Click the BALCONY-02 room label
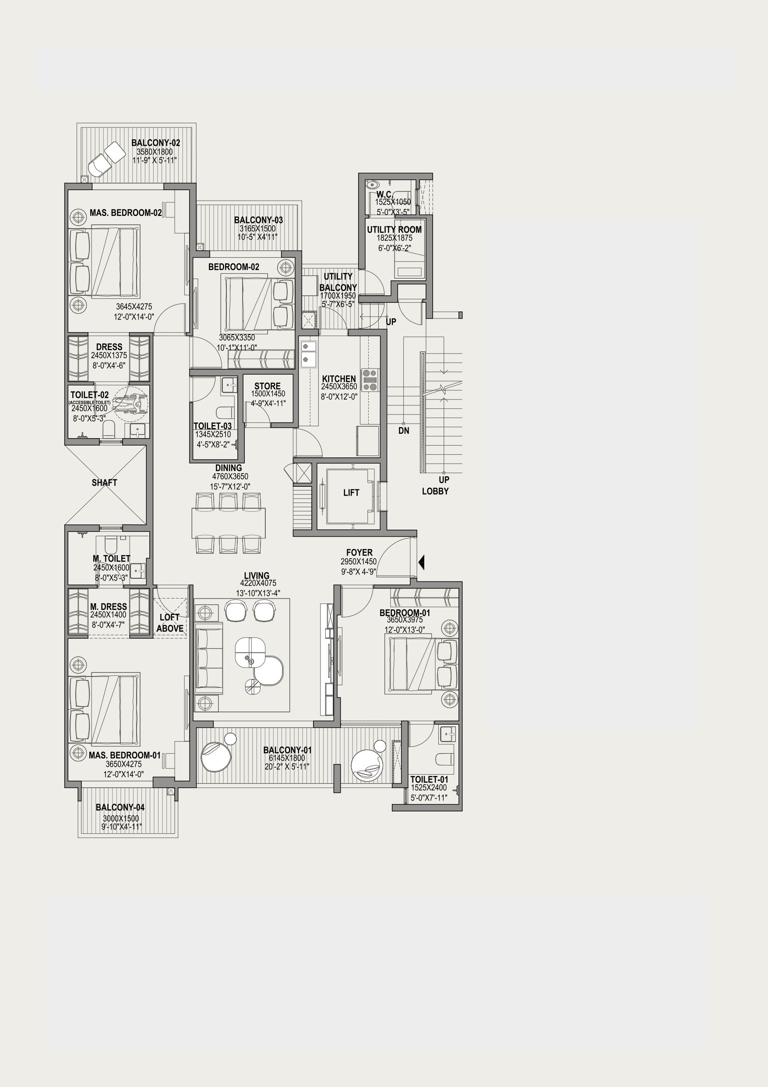tap(156, 142)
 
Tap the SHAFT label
tap(104, 482)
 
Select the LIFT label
tap(351, 493)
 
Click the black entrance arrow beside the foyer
tap(421, 563)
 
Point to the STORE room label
tap(268, 386)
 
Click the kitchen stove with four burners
tap(370, 380)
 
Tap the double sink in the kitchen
tap(309, 354)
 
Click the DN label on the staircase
tap(404, 431)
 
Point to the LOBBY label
tap(435, 492)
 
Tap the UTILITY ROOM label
tap(394, 230)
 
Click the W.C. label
tap(385, 194)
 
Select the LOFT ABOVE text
tap(170, 623)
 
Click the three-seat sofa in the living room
tap(208, 659)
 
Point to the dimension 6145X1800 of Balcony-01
tap(287, 758)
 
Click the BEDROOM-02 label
tap(234, 267)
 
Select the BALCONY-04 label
tap(120, 807)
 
